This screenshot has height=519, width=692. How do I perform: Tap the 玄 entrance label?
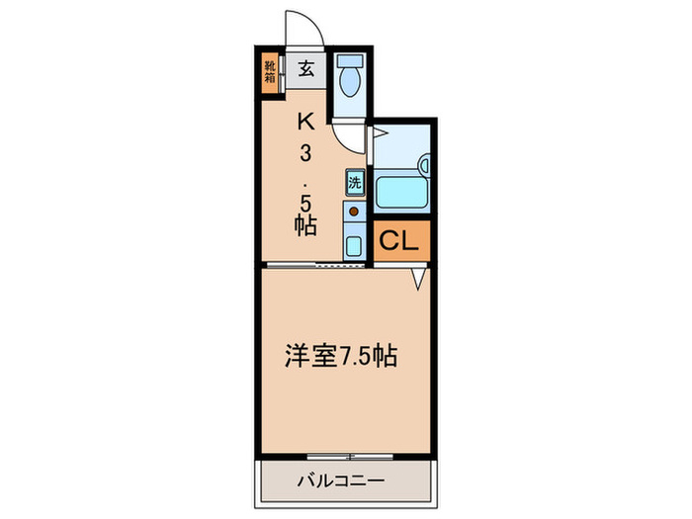[x=306, y=69]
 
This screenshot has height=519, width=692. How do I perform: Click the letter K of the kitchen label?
[x=306, y=122]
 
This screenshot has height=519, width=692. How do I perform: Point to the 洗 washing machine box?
[x=355, y=183]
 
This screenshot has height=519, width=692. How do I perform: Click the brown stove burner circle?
[x=353, y=211]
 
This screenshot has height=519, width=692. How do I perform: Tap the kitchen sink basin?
[x=354, y=242]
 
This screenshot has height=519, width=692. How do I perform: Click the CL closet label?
[x=402, y=241]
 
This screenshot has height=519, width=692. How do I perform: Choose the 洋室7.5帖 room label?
[x=342, y=357]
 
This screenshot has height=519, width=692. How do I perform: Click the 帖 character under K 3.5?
[x=305, y=224]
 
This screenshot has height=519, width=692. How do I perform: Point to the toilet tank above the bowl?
[x=349, y=60]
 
